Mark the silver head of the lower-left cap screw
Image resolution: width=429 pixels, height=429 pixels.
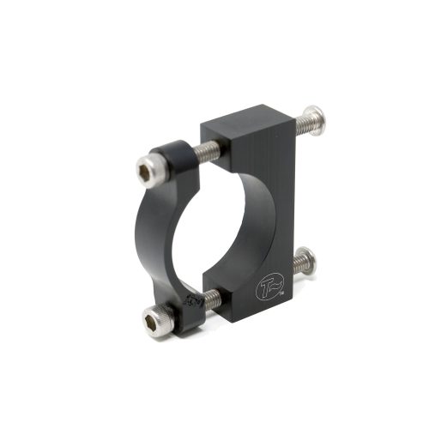click(158, 323)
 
